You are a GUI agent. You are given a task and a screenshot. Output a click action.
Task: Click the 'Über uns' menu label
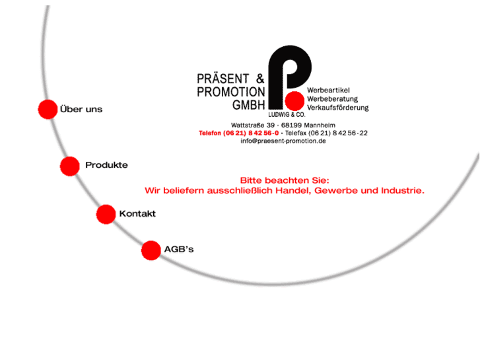point(81,110)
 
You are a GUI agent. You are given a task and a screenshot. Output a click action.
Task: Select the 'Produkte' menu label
point(106,165)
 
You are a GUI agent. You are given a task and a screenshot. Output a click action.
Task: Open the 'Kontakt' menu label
point(137,214)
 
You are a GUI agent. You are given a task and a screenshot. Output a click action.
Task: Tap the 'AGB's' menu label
point(178,250)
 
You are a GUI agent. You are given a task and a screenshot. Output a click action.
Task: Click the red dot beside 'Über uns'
point(48,110)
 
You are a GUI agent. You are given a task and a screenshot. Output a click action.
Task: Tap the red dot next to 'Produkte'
point(70,166)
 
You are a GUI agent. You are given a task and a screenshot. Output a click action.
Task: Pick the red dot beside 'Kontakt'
point(106,214)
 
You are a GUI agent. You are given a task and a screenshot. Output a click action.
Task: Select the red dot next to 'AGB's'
point(151,250)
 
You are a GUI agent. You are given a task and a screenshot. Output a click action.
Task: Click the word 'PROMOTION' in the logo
point(230,92)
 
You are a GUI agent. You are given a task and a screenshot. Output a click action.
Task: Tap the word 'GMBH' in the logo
point(248,105)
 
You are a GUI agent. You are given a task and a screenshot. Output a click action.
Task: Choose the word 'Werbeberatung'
point(332,99)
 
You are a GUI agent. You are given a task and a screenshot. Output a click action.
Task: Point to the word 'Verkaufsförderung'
point(337,108)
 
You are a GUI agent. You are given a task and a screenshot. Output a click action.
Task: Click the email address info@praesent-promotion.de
point(283,141)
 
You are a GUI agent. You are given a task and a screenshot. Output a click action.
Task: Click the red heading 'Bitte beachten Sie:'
point(284,180)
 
